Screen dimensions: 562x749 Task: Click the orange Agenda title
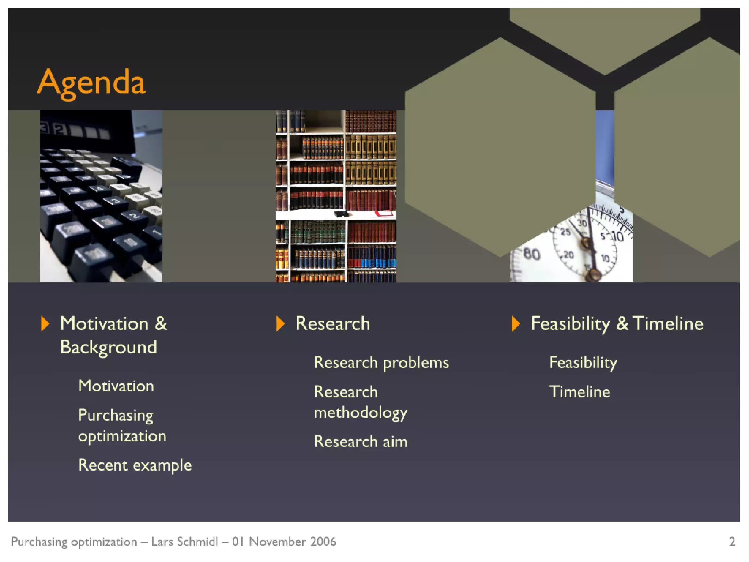click(91, 83)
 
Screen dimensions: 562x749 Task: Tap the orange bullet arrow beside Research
click(281, 324)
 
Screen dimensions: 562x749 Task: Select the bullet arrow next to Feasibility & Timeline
click(516, 324)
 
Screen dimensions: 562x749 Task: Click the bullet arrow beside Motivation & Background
click(45, 324)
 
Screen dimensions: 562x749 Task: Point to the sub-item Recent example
click(135, 465)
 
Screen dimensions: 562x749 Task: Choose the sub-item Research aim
click(361, 442)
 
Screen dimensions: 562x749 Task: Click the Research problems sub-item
click(381, 363)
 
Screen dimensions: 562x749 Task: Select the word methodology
click(361, 413)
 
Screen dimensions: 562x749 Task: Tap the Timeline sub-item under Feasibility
click(580, 392)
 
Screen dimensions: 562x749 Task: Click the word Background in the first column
click(109, 347)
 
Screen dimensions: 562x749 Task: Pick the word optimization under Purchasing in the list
click(122, 436)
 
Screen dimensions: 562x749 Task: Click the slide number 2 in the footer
click(732, 542)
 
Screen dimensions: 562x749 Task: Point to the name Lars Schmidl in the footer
click(185, 542)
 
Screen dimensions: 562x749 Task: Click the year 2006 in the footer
click(323, 542)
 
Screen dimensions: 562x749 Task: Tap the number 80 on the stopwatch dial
click(532, 254)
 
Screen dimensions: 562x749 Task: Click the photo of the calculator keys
click(101, 196)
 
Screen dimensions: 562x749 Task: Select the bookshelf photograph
click(336, 196)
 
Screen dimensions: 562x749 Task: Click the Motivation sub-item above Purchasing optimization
click(116, 386)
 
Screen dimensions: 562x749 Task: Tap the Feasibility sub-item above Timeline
click(583, 363)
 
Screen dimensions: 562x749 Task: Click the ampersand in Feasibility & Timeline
click(622, 324)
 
